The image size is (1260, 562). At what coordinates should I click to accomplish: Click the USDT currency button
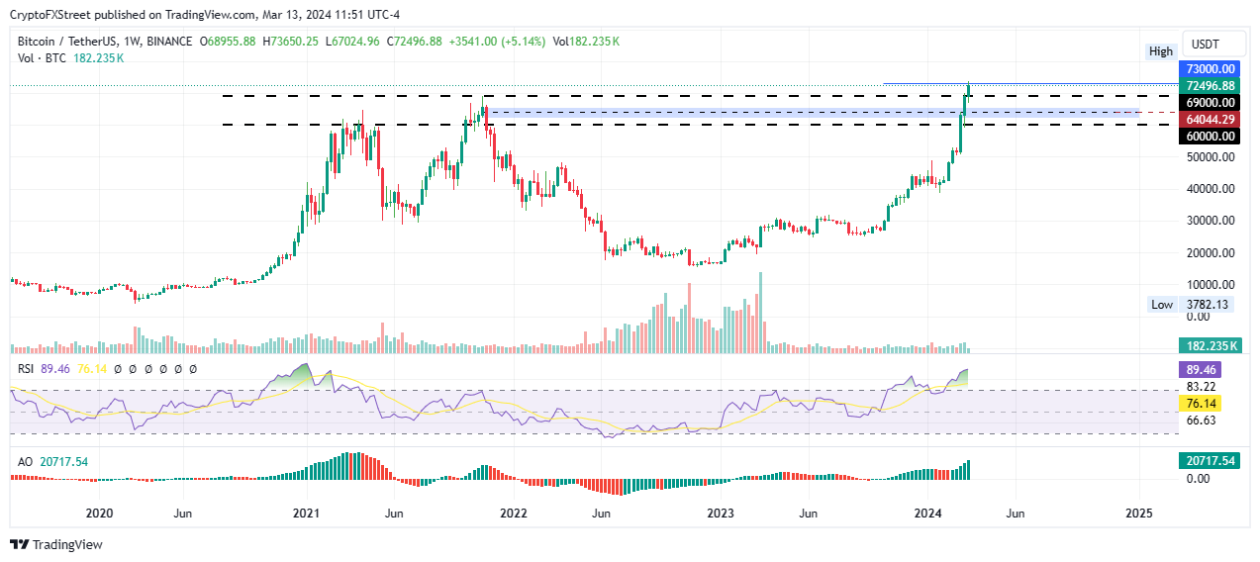(1205, 45)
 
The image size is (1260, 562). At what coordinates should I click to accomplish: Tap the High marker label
(1161, 51)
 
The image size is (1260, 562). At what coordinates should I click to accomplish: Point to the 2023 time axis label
(721, 514)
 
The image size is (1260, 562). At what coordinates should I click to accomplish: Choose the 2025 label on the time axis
(1139, 514)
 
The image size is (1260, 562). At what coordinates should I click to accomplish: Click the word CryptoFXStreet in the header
(50, 15)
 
